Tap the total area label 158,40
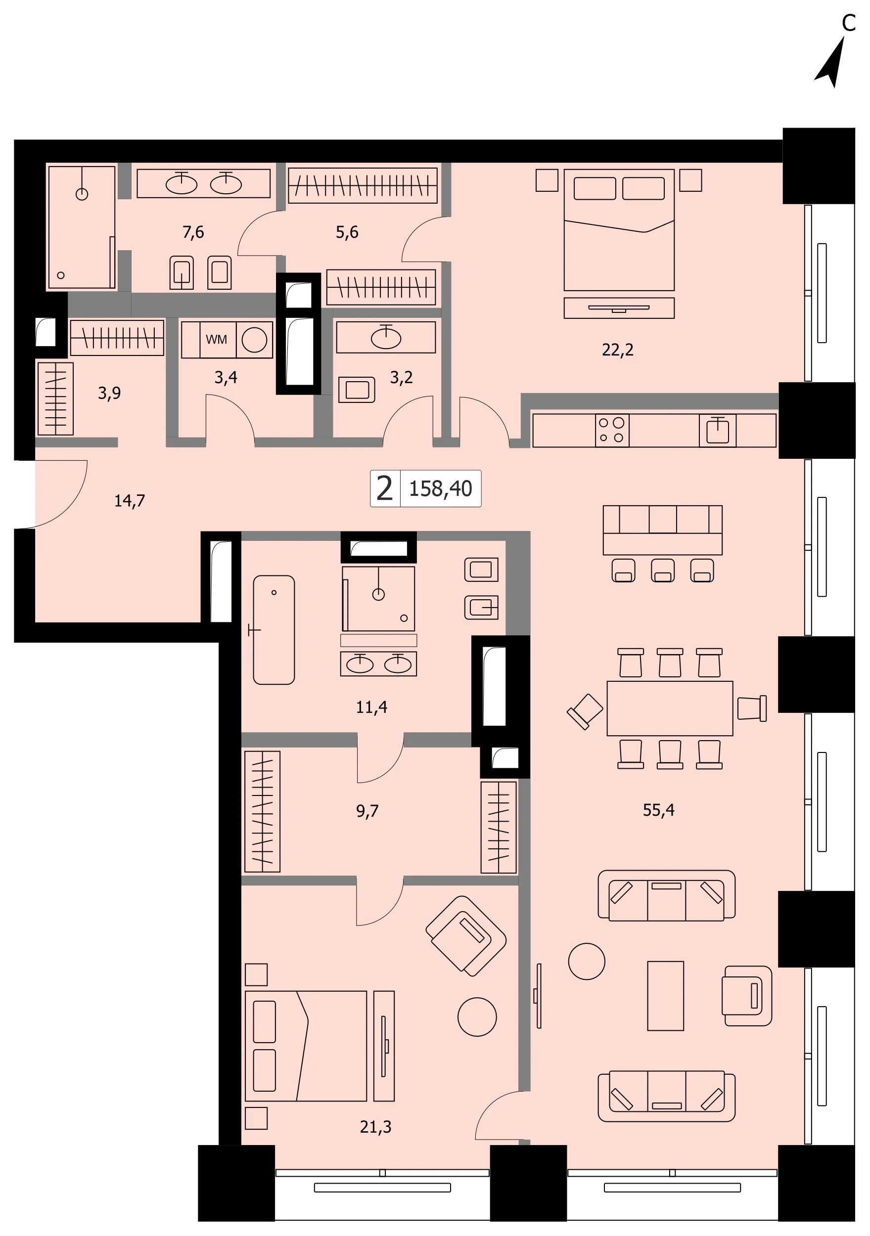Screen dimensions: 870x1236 coord(440,488)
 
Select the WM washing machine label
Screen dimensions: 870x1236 coord(217,340)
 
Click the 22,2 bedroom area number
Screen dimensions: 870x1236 coord(617,350)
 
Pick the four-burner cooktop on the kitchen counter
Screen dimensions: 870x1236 coord(612,430)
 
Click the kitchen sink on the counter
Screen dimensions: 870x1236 coord(718,430)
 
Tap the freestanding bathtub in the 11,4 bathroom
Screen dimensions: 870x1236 coord(274,630)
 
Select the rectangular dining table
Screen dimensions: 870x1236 coord(670,708)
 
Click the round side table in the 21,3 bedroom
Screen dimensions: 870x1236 coord(477,1016)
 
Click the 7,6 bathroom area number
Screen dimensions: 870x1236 coord(193,232)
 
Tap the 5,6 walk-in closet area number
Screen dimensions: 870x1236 coord(347,232)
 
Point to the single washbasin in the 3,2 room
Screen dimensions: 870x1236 coord(386,337)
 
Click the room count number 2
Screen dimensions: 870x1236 coord(385,488)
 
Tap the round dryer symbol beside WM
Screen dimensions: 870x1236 coord(254,340)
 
